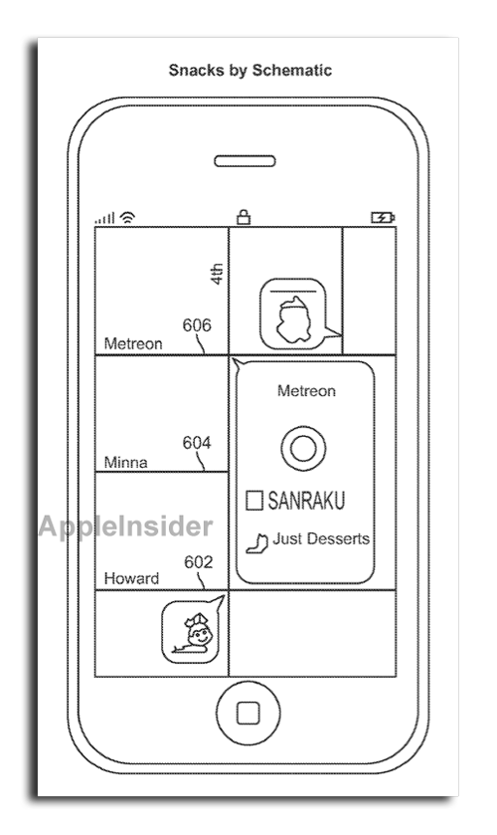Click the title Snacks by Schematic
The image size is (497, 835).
pyautogui.click(x=250, y=71)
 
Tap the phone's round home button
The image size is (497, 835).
pyautogui.click(x=248, y=713)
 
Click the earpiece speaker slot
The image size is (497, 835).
pyautogui.click(x=245, y=161)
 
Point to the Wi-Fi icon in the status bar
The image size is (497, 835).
pyautogui.click(x=127, y=217)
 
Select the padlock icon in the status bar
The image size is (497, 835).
pyautogui.click(x=244, y=217)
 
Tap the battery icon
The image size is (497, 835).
pyautogui.click(x=383, y=217)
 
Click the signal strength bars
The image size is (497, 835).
pyautogui.click(x=104, y=218)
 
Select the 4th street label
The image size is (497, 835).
pyautogui.click(x=217, y=274)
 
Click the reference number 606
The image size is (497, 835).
pyautogui.click(x=197, y=324)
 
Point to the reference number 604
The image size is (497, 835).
pyautogui.click(x=197, y=443)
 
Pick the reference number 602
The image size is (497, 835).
pyautogui.click(x=199, y=562)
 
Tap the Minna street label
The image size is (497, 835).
pyautogui.click(x=125, y=462)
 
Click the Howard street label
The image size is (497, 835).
pyautogui.click(x=131, y=578)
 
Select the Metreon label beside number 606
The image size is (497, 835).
pyautogui.click(x=133, y=343)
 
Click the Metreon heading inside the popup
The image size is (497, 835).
pyautogui.click(x=306, y=391)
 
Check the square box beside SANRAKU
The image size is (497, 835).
pyautogui.click(x=254, y=501)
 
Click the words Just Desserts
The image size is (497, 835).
pyautogui.click(x=321, y=538)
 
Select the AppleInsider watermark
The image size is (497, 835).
pyautogui.click(x=125, y=526)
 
